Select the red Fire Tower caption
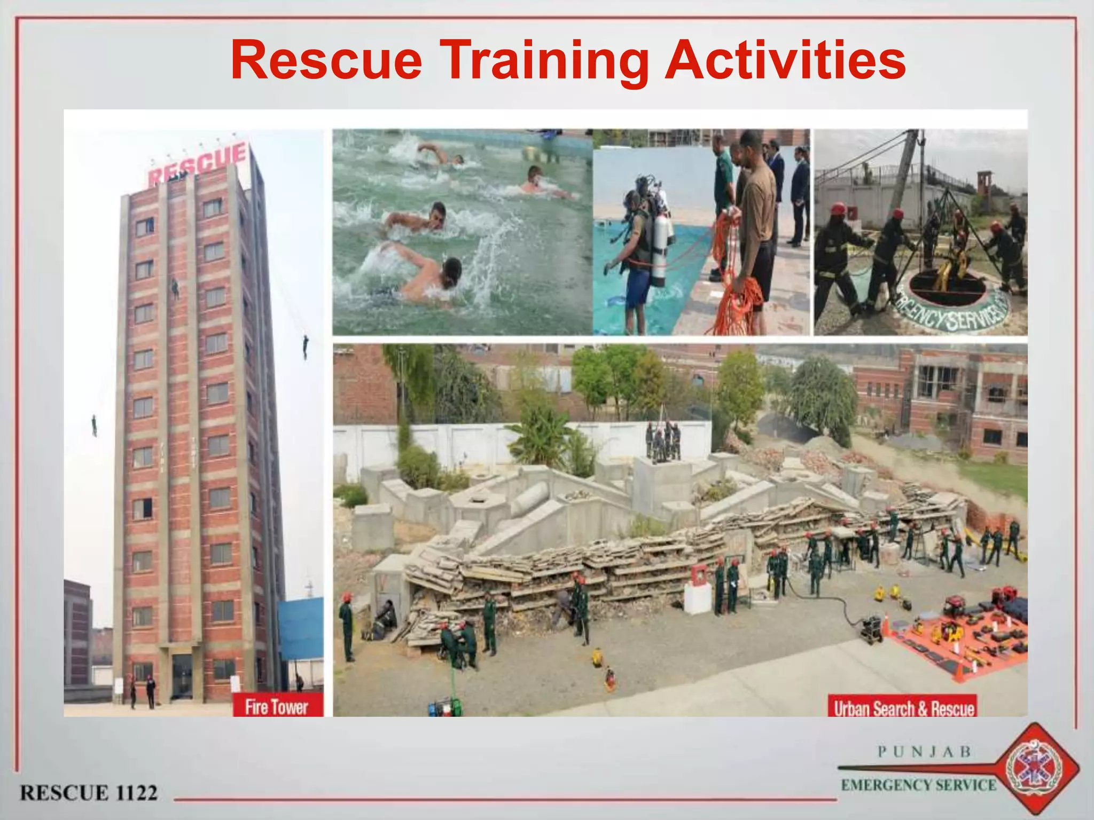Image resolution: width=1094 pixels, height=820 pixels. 277,707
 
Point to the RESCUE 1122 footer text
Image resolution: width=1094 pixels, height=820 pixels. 89,792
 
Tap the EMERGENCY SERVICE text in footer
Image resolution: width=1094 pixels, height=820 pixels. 918,785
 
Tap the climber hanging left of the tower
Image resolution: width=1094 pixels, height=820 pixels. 95,425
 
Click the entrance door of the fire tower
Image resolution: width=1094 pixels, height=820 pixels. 182,675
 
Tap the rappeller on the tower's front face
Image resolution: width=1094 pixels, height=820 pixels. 175,288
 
